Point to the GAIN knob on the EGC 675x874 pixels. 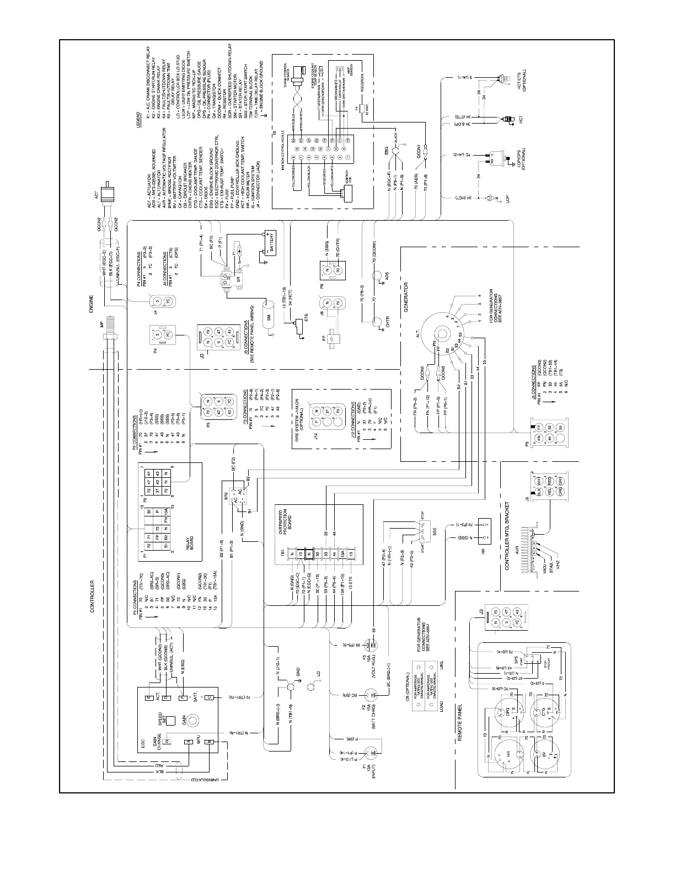click(x=193, y=720)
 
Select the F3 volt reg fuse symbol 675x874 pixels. click(x=373, y=644)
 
